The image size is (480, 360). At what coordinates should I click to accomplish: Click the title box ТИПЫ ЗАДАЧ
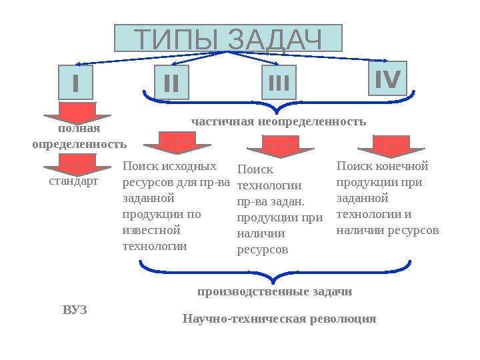(x=228, y=39)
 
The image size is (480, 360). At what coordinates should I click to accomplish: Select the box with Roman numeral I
(x=75, y=84)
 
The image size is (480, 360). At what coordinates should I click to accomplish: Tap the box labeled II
(x=171, y=84)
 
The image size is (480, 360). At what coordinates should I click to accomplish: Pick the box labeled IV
(x=387, y=80)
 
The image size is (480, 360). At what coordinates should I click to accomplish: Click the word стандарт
(x=73, y=181)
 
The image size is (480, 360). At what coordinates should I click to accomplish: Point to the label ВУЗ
(x=75, y=310)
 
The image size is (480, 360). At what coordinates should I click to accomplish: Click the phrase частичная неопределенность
(x=279, y=121)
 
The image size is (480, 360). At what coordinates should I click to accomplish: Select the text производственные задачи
(x=275, y=292)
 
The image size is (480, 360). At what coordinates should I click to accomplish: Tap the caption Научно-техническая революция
(x=279, y=319)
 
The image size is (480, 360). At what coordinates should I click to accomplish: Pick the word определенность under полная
(x=79, y=143)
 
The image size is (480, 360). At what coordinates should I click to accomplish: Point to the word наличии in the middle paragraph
(x=261, y=234)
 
